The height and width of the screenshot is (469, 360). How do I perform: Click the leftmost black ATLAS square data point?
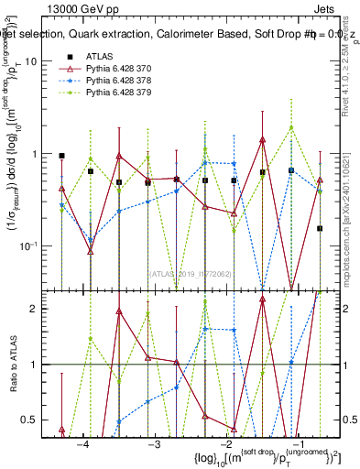61,157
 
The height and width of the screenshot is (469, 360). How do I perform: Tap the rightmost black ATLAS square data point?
320,228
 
